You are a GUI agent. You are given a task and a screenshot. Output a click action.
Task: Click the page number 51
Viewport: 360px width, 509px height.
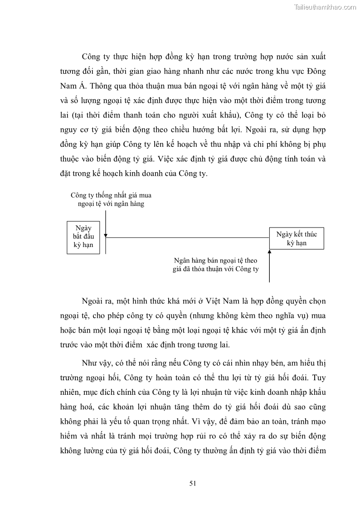pos(192,483)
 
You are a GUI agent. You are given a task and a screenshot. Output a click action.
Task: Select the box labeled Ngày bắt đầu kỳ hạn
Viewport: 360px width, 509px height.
pos(83,237)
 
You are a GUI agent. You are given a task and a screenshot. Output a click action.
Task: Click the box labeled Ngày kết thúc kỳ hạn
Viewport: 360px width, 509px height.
pos(297,238)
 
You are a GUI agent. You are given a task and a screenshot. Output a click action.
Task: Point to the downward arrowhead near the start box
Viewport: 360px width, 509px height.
pos(106,236)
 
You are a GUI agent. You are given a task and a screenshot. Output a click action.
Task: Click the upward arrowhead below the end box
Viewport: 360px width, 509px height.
pos(269,252)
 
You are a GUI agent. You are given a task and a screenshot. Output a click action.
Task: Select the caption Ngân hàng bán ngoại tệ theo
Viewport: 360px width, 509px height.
pos(215,261)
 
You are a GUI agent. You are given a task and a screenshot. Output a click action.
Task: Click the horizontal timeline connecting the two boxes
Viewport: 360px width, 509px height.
pos(186,238)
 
